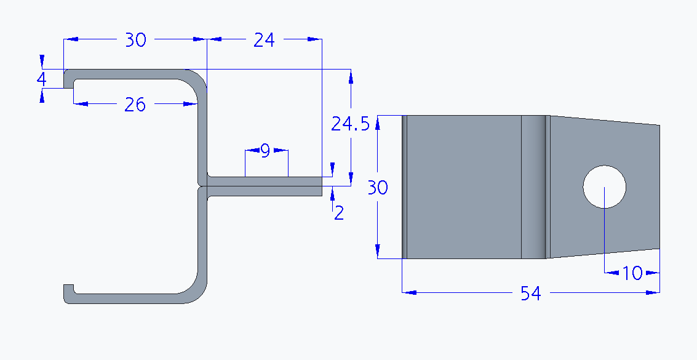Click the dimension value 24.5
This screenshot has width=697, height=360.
tap(350, 124)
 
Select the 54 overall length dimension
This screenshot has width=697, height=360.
tap(530, 294)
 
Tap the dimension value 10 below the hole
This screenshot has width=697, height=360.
tap(632, 273)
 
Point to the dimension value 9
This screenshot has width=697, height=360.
tap(265, 151)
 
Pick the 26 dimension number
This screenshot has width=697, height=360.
tap(135, 105)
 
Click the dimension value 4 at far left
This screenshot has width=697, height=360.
tap(41, 79)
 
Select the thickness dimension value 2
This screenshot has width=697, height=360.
tap(338, 214)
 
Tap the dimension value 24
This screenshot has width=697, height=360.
tap(264, 40)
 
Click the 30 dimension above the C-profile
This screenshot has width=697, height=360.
tap(135, 40)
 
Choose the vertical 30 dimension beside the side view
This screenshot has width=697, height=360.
tap(377, 187)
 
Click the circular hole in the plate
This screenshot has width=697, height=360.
tap(604, 186)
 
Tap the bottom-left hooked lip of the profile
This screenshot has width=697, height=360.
tap(68, 293)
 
